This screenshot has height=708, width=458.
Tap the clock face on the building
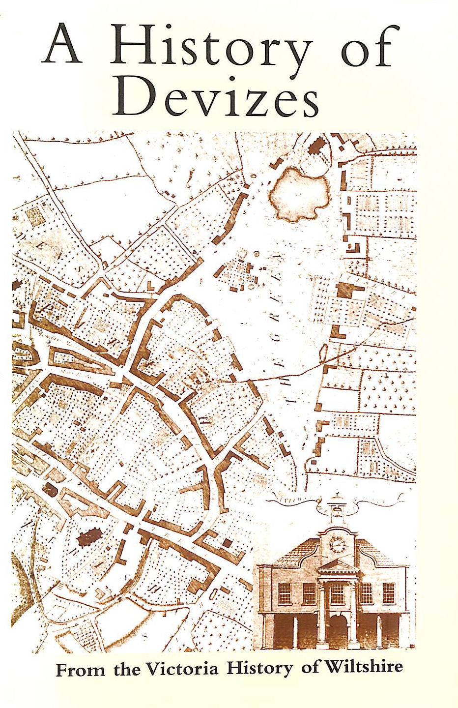[338, 545]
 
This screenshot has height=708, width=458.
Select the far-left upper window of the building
[285, 593]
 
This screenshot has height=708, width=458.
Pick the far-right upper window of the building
[389, 593]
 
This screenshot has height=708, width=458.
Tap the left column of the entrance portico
[321, 610]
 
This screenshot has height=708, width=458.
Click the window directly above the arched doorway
[338, 593]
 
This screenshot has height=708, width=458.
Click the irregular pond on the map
[298, 195]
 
